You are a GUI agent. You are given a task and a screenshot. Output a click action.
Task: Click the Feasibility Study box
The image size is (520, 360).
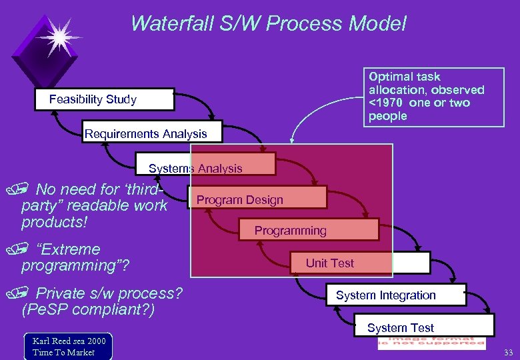tap(105, 99)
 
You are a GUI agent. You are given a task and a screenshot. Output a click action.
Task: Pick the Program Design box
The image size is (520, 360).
tap(257, 199)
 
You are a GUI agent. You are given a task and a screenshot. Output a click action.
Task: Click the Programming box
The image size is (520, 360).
tap(307, 230)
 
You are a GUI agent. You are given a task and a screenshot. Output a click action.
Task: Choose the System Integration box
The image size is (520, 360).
tap(396, 295)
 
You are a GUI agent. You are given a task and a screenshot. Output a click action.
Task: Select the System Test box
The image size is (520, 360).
tap(423, 327)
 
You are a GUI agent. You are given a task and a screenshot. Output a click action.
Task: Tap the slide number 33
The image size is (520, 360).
tap(508, 352)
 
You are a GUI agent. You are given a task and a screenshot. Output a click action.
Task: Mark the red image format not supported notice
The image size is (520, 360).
tap(431, 343)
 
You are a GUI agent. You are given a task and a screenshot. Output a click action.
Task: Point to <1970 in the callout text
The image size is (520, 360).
tap(386, 103)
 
